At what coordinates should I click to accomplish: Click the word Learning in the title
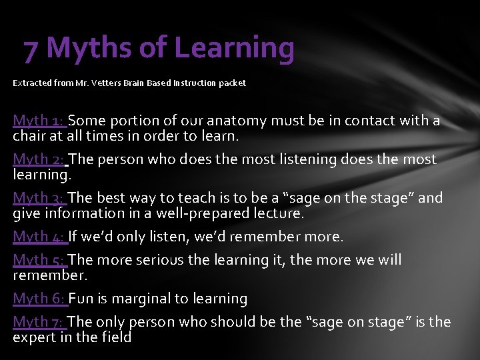coord(234,48)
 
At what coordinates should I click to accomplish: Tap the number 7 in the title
coord(31,48)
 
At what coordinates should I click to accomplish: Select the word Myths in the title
coord(89,48)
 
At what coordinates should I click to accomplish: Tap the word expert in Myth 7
coord(34,337)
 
